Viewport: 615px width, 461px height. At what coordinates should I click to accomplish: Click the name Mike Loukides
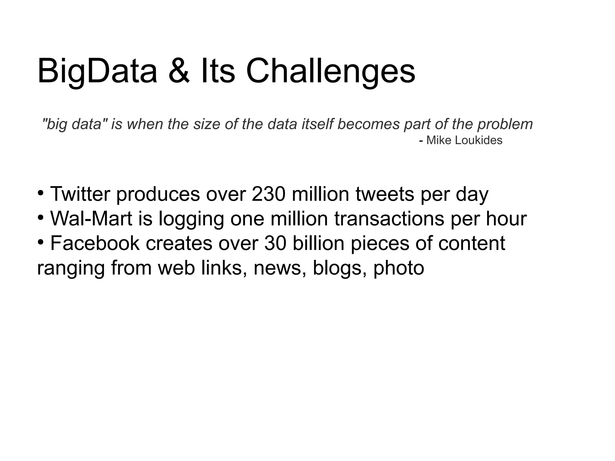(x=464, y=140)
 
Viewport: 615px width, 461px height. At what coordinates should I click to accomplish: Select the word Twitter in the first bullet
(x=80, y=194)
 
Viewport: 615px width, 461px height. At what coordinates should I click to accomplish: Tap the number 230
(x=268, y=194)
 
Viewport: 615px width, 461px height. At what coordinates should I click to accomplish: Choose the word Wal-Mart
(x=91, y=218)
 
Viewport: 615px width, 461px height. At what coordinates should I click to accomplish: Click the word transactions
(x=389, y=218)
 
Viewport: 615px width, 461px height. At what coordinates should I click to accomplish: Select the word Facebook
(x=95, y=243)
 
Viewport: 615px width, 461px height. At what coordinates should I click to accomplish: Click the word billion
(x=318, y=243)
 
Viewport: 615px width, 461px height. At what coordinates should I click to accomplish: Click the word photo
(x=398, y=268)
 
